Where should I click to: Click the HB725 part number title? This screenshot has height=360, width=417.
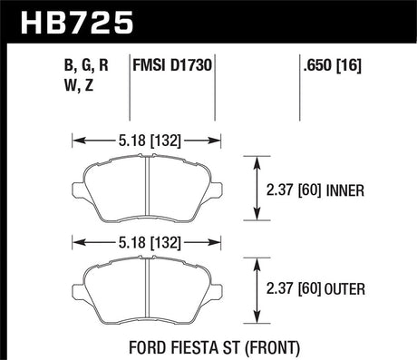77,22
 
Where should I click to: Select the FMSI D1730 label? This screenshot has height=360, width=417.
172,65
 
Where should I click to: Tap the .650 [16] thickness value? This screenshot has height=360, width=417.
333,65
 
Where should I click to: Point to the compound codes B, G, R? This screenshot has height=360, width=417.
86,65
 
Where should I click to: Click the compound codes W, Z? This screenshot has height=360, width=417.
79,85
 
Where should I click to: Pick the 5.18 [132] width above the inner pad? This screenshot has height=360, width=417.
150,141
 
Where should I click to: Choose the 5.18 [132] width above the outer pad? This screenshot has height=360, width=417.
150,243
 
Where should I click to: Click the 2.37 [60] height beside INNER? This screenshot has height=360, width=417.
294,190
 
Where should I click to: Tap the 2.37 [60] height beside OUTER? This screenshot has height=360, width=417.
294,288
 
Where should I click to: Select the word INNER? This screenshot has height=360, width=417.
345,191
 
